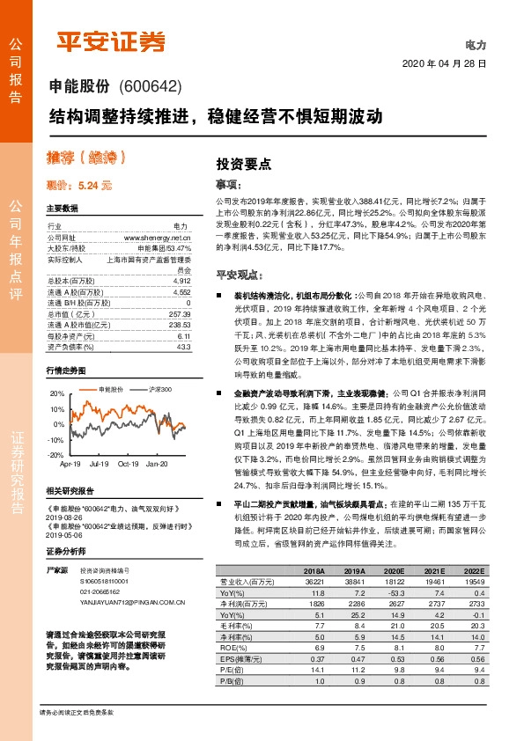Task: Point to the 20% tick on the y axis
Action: (57, 393)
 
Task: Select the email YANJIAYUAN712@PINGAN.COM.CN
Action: (120, 603)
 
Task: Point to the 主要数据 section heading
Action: (62, 209)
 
